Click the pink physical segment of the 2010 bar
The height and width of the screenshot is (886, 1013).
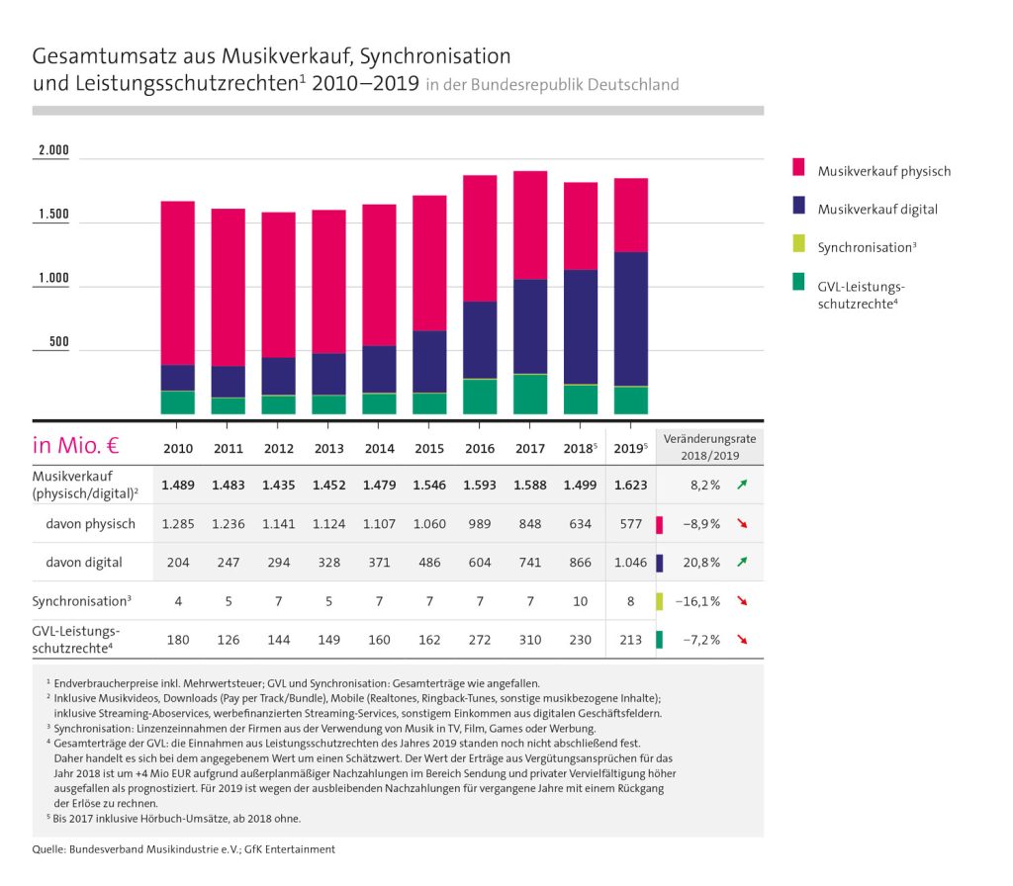tap(178, 283)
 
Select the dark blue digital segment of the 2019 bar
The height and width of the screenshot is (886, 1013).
tap(631, 318)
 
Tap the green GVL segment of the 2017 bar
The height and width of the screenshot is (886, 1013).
tap(530, 394)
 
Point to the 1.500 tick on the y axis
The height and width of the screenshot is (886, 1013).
tap(53, 215)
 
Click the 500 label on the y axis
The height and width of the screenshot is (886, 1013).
tap(58, 342)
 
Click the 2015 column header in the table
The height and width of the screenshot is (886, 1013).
tap(430, 448)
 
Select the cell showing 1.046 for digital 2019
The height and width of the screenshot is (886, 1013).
tap(630, 562)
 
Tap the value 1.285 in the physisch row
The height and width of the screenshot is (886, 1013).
tap(178, 523)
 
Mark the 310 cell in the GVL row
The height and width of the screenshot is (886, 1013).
tap(530, 639)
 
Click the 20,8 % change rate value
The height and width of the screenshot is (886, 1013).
tap(700, 562)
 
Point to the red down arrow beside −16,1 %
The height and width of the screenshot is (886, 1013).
tap(742, 601)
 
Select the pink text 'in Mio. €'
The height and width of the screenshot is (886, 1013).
tap(76, 445)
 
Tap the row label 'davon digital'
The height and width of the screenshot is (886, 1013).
tap(84, 562)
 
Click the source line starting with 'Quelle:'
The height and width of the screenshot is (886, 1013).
tap(184, 848)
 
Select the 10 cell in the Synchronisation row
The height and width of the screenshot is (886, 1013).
tap(580, 600)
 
